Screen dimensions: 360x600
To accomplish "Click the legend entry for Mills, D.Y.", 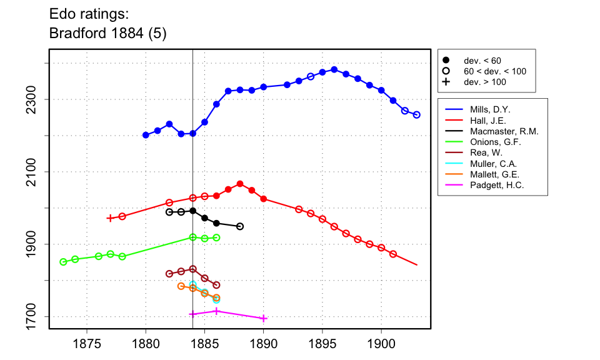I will (490, 110).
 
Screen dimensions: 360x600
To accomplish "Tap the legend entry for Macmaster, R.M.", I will (504, 131).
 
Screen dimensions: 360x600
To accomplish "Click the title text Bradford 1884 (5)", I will (107, 33).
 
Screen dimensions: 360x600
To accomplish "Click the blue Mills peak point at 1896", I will (334, 69).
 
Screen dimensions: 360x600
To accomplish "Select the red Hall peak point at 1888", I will (240, 184).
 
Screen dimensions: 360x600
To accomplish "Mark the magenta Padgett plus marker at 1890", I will (264, 318).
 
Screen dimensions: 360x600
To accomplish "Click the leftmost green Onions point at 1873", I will (63, 262).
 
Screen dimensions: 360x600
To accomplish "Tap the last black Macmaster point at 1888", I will (240, 226).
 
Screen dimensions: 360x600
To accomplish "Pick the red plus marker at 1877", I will (110, 218).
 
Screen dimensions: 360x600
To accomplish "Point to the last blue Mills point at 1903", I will (417, 115).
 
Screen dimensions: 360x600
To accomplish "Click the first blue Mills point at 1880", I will (146, 135).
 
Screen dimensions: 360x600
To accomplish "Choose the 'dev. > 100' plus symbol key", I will (446, 82).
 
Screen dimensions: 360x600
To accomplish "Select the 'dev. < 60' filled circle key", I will (446, 61).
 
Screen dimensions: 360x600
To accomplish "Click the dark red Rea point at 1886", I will (216, 285).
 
